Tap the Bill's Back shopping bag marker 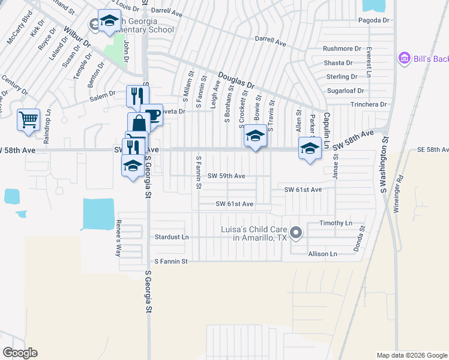(x=404, y=58)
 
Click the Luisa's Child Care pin (x=295, y=233)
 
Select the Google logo (x=20, y=353)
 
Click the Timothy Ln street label (x=336, y=223)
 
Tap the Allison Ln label (x=322, y=254)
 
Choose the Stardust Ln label (x=172, y=237)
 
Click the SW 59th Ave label (x=226, y=176)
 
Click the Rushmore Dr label (x=342, y=49)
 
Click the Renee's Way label (x=118, y=238)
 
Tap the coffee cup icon (x=152, y=115)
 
